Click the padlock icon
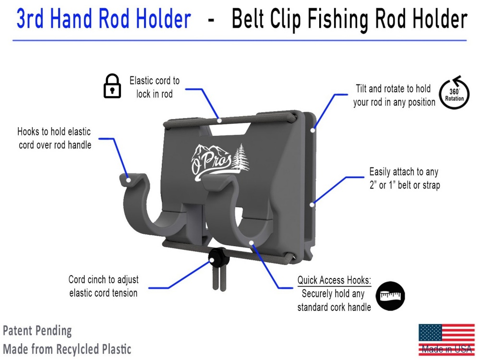[x=112, y=86]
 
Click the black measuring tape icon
[x=390, y=296]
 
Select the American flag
[x=446, y=340]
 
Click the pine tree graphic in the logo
[x=241, y=157]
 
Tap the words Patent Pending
[x=37, y=331]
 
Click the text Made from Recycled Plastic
[x=67, y=349]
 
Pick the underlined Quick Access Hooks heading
[x=334, y=280]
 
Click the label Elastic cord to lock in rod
[x=154, y=87]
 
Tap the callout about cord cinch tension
[x=104, y=286]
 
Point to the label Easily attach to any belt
[x=404, y=178]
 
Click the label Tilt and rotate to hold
[x=394, y=95]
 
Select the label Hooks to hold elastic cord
[x=55, y=138]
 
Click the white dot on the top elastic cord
[x=219, y=120]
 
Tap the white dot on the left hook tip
[x=129, y=180]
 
